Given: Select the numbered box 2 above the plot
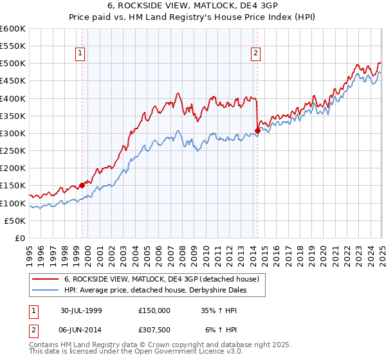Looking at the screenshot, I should pyautogui.click(x=256, y=53).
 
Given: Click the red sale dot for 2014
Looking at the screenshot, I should pyautogui.click(x=257, y=130).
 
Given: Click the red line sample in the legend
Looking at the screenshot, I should pyautogui.click(x=46, y=280).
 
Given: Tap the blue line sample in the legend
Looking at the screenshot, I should pyautogui.click(x=46, y=291).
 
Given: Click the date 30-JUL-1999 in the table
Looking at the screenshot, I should pyautogui.click(x=81, y=310).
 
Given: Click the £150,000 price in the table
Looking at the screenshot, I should pyautogui.click(x=154, y=310).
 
